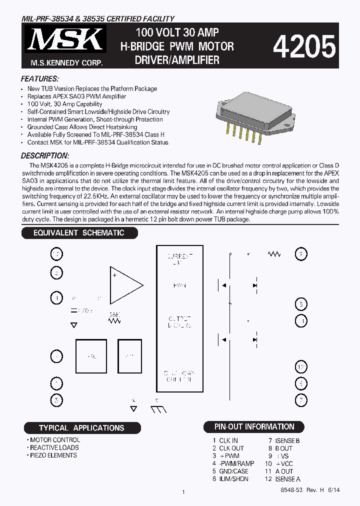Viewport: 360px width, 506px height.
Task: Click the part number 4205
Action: coord(303,48)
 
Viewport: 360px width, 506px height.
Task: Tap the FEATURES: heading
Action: coord(40,79)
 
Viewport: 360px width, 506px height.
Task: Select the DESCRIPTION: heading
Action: coord(45,156)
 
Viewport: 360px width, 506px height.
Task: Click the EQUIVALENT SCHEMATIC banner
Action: coord(79,233)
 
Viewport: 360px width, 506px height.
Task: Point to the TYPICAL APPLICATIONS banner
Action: coord(82,428)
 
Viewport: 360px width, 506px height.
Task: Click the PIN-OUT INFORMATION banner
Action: coord(254,427)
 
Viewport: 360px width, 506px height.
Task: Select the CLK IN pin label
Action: coord(228,441)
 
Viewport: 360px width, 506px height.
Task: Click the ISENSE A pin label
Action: coord(288,478)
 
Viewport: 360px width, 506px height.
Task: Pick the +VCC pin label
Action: coord(284,463)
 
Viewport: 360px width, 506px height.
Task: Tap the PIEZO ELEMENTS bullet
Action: coord(53,455)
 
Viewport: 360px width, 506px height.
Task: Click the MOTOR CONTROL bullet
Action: coord(54,440)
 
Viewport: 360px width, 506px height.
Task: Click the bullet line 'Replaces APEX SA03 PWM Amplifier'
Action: coord(76,96)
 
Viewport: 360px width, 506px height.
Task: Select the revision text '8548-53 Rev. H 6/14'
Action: coord(310,490)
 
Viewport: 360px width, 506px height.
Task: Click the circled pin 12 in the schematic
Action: coord(300,367)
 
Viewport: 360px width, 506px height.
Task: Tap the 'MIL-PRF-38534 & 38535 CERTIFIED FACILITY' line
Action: coord(97,19)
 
